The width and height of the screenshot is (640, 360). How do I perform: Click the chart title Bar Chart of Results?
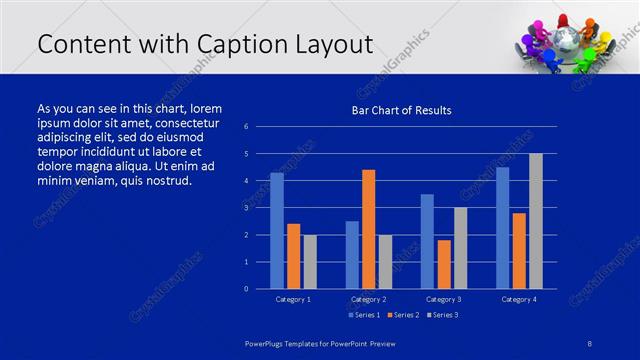pyautogui.click(x=400, y=110)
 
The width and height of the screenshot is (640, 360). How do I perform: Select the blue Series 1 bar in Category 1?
pyautogui.click(x=277, y=231)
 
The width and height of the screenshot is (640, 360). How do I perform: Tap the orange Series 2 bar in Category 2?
pyautogui.click(x=368, y=229)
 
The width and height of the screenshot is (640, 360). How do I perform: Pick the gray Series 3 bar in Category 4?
pyautogui.click(x=536, y=221)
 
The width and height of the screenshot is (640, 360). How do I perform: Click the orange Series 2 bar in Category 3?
pyautogui.click(x=444, y=264)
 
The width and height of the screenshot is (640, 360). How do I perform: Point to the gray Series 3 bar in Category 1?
pyautogui.click(x=310, y=262)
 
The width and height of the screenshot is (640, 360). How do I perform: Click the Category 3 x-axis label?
pyautogui.click(x=443, y=299)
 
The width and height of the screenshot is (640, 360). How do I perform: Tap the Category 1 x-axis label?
pyautogui.click(x=293, y=299)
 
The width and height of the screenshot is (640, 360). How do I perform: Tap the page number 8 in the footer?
pyautogui.click(x=590, y=343)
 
